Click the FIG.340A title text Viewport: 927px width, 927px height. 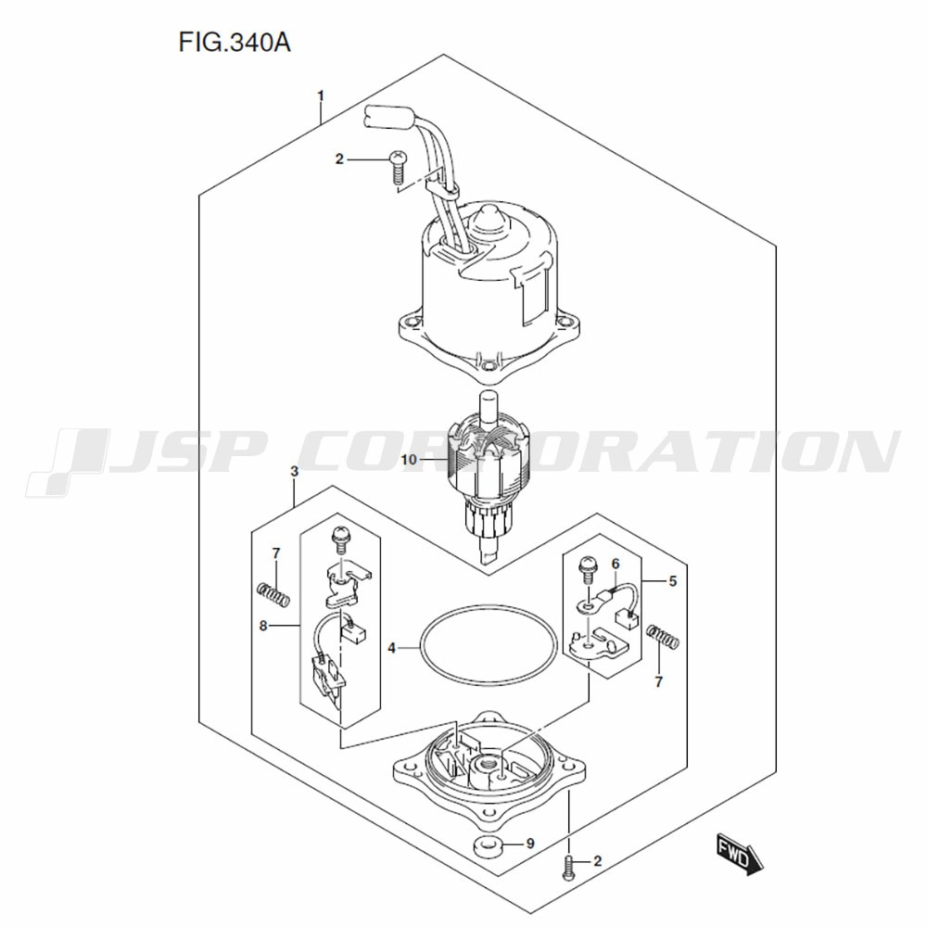coord(235,44)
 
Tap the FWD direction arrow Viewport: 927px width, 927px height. coord(740,854)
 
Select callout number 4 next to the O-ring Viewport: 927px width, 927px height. coord(391,649)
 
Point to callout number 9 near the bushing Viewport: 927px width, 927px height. coord(529,843)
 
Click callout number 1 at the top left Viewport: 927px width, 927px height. coord(321,95)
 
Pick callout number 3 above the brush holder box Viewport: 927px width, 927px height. coord(295,471)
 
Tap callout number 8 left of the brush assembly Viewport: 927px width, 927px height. coord(263,625)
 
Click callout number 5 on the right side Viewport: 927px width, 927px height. coord(673,581)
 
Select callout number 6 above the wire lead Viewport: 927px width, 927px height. coord(616,564)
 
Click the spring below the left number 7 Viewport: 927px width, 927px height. coord(273,594)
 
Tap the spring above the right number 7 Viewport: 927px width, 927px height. coord(663,637)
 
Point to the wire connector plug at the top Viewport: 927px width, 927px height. coord(385,117)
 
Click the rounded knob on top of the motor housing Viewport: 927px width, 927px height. coord(491,220)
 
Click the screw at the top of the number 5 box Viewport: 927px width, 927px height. coord(589,568)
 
